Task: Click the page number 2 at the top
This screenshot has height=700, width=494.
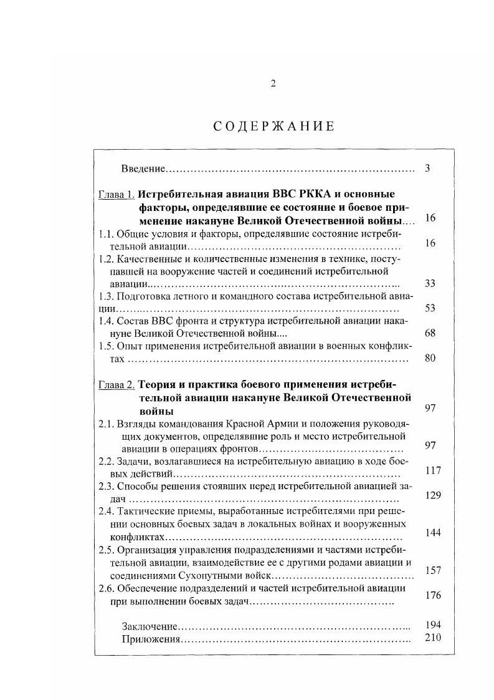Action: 273,84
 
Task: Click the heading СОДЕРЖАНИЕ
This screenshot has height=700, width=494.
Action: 273,126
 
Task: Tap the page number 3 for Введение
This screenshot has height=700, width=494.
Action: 428,168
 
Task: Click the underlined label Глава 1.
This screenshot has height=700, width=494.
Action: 116,194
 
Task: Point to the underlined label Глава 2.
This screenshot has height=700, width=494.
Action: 116,384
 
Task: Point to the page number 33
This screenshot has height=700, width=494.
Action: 430,283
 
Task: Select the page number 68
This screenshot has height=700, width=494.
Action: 430,333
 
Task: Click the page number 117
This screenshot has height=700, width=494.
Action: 433,470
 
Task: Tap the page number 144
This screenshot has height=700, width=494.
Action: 433,533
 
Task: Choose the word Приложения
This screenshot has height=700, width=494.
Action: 150,639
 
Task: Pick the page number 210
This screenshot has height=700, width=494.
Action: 433,638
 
